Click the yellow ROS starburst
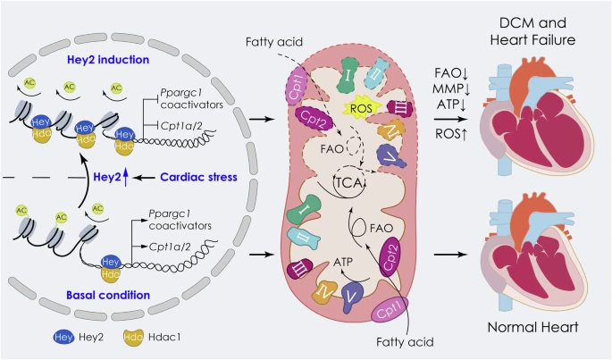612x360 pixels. coord(361,108)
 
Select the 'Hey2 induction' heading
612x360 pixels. coord(108,60)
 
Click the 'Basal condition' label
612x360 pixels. coord(108,295)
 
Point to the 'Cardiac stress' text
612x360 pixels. coord(198,177)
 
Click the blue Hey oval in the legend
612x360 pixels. coord(63,337)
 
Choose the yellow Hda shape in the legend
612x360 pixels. coord(133,337)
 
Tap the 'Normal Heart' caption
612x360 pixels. coord(532,327)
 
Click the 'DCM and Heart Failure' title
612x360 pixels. coord(532,31)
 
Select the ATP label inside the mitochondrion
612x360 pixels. coord(343,262)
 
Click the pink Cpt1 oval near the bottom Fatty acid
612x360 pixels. coord(390,309)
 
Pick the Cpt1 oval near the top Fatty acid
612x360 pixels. coord(298,86)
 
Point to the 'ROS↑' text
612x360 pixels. coord(451,134)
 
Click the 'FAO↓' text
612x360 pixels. coord(451,73)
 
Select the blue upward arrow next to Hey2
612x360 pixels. coord(125,178)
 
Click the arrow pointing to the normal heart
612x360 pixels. coord(451,255)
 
